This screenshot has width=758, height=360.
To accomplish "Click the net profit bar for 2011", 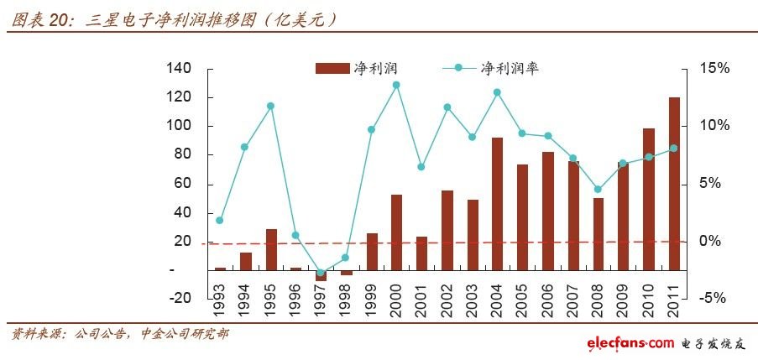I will click(x=674, y=184).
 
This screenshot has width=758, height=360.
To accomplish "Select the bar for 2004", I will click(x=497, y=204).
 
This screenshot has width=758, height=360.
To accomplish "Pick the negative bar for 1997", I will click(x=321, y=275).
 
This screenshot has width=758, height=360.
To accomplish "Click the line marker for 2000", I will click(x=396, y=85).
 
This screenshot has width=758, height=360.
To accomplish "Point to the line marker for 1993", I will click(x=220, y=221).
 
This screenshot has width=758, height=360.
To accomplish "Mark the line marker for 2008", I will click(x=598, y=190).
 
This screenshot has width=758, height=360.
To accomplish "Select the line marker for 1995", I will click(x=270, y=106).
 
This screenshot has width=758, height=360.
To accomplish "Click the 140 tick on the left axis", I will click(x=180, y=68).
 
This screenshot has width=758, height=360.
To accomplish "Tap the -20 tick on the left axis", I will click(x=180, y=299).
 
